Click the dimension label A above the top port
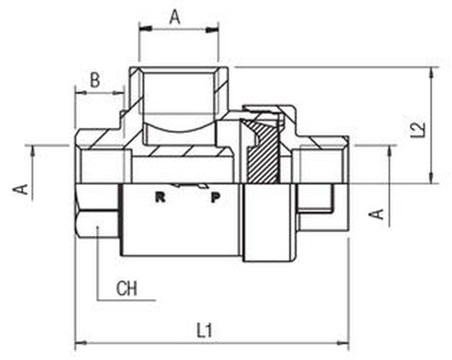coord(175,17)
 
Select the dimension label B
coord(95,80)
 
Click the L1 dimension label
coord(205,330)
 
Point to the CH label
coord(127,289)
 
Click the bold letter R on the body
coord(160,197)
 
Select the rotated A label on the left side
coord(20,189)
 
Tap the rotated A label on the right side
coord(376,214)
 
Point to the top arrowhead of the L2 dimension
coord(432,73)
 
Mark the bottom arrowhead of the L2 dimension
coord(432,177)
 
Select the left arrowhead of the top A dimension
coord(146,29)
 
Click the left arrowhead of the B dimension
coord(80,93)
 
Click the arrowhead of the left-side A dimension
coord(32,151)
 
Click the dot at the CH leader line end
coord(97,227)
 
